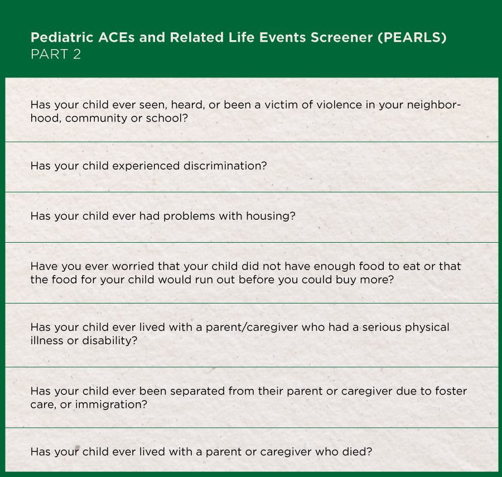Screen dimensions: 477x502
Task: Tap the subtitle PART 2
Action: click(56, 55)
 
